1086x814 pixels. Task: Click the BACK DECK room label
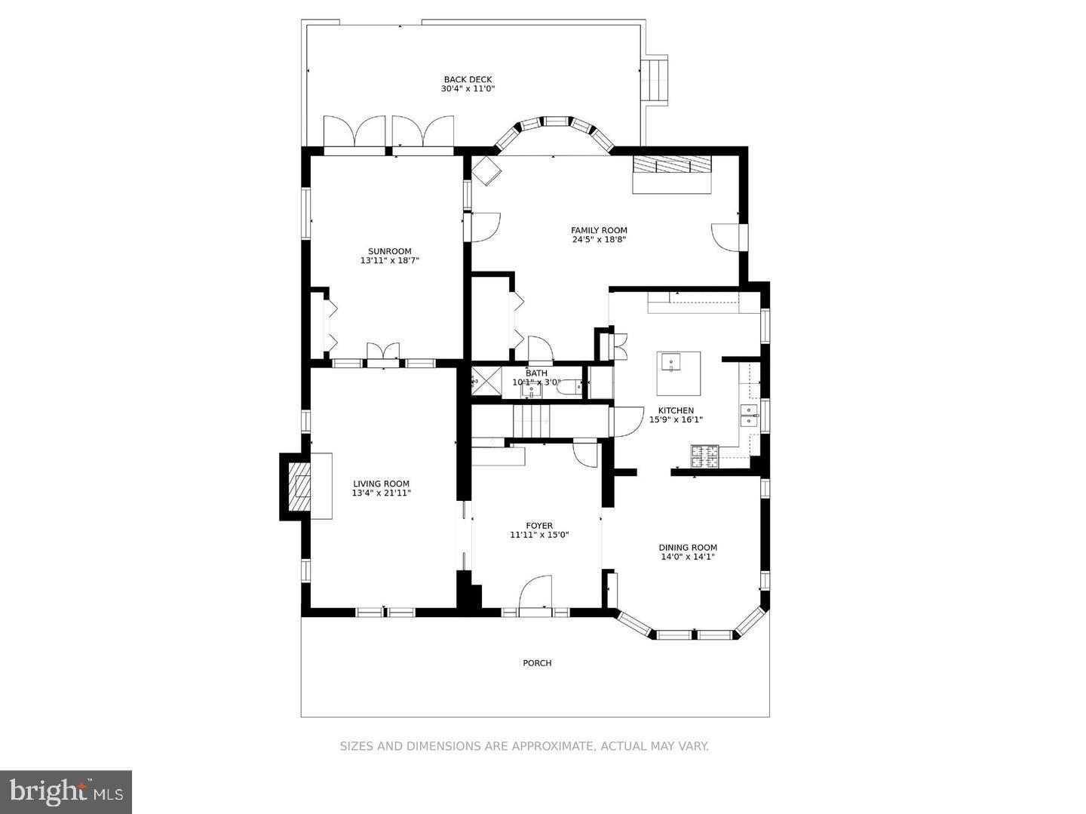[468, 79]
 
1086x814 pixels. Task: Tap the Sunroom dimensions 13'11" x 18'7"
[389, 261]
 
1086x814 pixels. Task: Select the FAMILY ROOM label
[599, 231]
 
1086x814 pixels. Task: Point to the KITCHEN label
[676, 410]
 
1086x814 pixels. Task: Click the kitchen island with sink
[678, 373]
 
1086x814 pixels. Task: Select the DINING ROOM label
[687, 548]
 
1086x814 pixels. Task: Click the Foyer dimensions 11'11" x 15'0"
[538, 536]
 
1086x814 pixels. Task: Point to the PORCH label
[537, 663]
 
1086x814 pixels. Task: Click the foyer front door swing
[536, 592]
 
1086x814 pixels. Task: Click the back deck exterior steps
[654, 80]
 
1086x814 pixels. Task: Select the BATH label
[536, 373]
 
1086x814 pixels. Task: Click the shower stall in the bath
[486, 382]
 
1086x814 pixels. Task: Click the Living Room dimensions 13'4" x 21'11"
[381, 493]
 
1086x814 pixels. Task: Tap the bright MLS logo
[66, 791]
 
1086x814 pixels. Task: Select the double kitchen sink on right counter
[749, 416]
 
